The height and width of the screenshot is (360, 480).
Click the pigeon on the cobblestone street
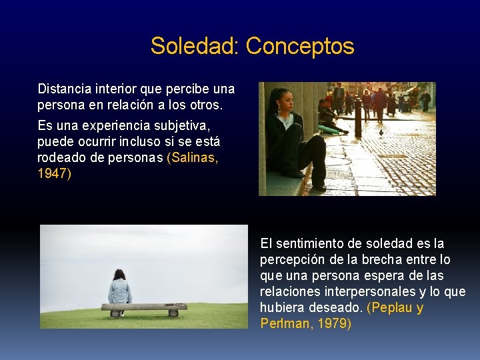381,133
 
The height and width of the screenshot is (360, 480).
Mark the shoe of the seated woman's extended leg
319,187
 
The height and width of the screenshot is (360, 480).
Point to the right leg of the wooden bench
173,312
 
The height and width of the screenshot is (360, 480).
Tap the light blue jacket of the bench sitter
120,291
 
